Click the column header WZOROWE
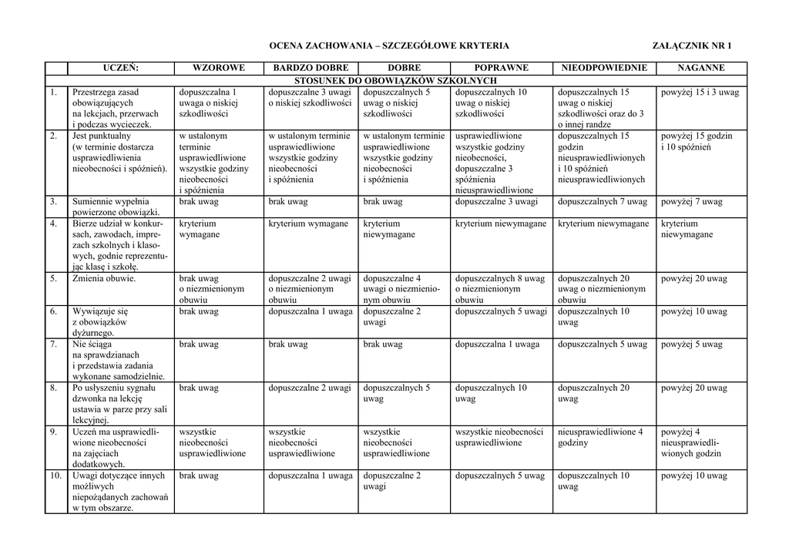219,68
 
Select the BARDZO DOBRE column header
311,68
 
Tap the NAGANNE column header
700,68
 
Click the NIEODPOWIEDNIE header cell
603,68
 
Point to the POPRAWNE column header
502,68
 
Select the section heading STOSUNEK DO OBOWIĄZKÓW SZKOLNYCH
396,80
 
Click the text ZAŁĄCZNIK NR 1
692,46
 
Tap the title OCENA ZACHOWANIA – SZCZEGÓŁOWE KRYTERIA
388,46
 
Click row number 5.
54,278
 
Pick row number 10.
55,476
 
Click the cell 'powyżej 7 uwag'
691,202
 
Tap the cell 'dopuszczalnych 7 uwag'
603,202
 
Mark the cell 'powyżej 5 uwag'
691,345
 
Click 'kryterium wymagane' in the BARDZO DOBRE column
307,224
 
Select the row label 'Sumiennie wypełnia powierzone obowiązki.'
116,207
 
